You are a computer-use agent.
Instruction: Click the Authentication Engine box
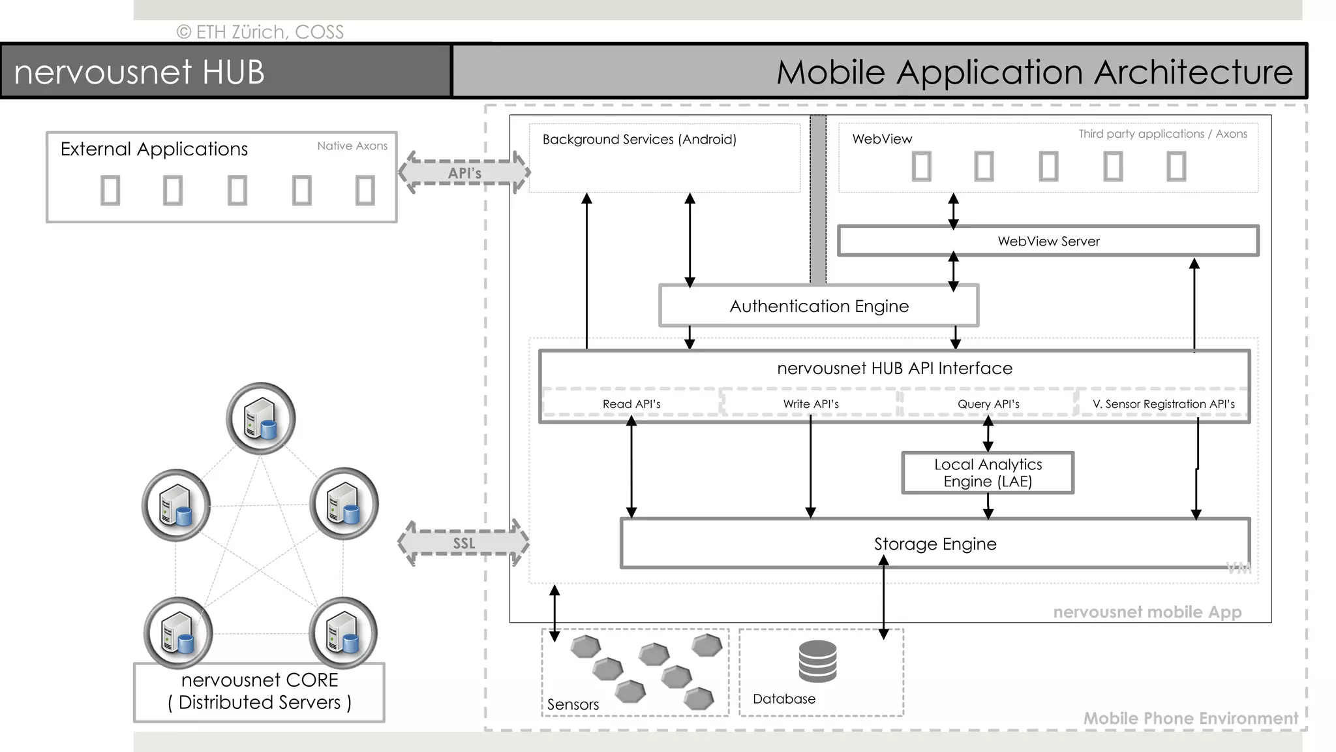[819, 306]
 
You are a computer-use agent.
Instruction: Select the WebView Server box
[1048, 242]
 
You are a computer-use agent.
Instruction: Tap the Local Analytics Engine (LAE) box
[988, 473]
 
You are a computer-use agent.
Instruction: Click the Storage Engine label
[935, 544]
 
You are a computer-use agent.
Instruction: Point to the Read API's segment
[631, 404]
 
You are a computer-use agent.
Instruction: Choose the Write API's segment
[811, 404]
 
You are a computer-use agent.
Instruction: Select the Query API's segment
[988, 404]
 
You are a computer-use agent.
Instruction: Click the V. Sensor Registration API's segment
[1163, 404]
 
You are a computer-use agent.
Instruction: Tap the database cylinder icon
[817, 661]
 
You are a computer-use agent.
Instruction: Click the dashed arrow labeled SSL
[463, 543]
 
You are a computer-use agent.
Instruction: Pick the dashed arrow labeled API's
[464, 173]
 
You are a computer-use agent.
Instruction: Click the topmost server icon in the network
[261, 418]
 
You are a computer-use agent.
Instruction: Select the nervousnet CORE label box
[259, 692]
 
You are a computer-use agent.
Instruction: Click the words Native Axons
[352, 146]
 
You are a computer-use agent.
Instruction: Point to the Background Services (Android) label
[639, 140]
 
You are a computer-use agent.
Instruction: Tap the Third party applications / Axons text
[1162, 134]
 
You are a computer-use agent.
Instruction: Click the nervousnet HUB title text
[139, 72]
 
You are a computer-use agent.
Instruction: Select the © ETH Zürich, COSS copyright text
[260, 32]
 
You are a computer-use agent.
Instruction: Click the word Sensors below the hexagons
[573, 705]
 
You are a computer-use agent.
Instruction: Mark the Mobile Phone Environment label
[1191, 719]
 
